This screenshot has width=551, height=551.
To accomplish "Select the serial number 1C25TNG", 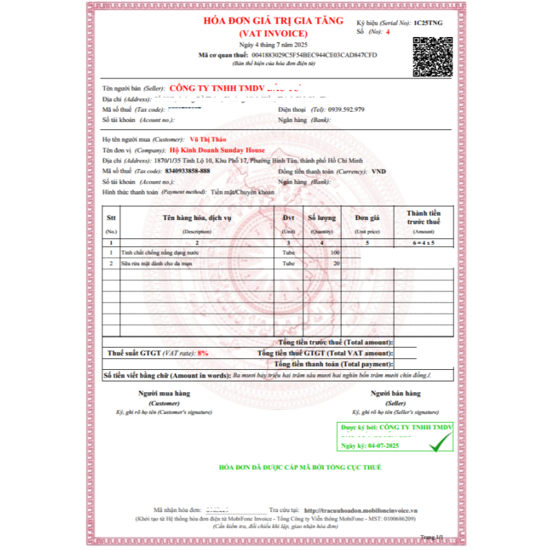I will (428, 22).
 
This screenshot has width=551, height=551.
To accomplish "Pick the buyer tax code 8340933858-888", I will (187, 171).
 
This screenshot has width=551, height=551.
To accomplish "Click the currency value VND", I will (378, 171).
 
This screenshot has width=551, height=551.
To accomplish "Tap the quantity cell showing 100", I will (335, 253).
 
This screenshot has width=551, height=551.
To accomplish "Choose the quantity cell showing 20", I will (336, 263).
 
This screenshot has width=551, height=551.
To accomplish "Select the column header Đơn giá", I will (367, 217).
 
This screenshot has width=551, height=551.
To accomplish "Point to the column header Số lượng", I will (321, 217).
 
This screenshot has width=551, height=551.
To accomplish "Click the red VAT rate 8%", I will (203, 353).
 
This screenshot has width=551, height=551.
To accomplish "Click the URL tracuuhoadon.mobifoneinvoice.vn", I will (360, 510).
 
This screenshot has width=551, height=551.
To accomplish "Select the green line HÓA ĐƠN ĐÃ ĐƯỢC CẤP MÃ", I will (300, 467).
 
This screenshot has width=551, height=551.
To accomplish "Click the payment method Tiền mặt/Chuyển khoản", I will (242, 191).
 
